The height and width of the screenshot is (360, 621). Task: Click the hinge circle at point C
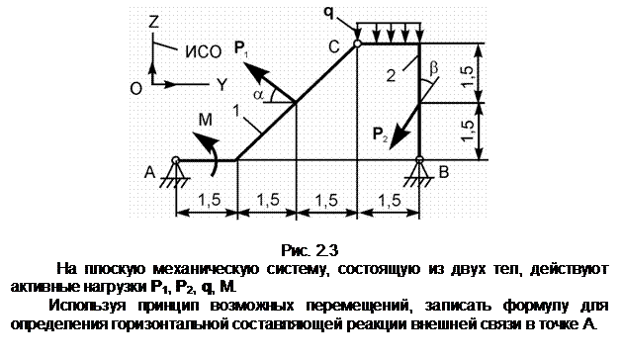[357, 44]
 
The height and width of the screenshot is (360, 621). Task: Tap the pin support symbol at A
[175, 173]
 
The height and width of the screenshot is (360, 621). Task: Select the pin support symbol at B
[419, 173]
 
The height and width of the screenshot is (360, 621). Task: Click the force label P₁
[241, 49]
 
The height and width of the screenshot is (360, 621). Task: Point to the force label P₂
[380, 135]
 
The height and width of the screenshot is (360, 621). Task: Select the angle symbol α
[258, 94]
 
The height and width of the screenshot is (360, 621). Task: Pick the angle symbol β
[434, 67]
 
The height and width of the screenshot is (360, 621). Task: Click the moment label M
[205, 120]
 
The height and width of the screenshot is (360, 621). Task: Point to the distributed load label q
[328, 13]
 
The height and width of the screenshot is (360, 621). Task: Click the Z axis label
[153, 22]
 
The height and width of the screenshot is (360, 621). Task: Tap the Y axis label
[222, 84]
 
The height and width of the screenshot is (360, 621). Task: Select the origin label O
[135, 88]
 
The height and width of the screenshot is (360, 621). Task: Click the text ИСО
[204, 51]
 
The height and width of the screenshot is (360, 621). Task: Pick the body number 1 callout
[237, 112]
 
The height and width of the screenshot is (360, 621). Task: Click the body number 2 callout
[391, 75]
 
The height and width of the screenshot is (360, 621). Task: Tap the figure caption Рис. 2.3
[310, 250]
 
